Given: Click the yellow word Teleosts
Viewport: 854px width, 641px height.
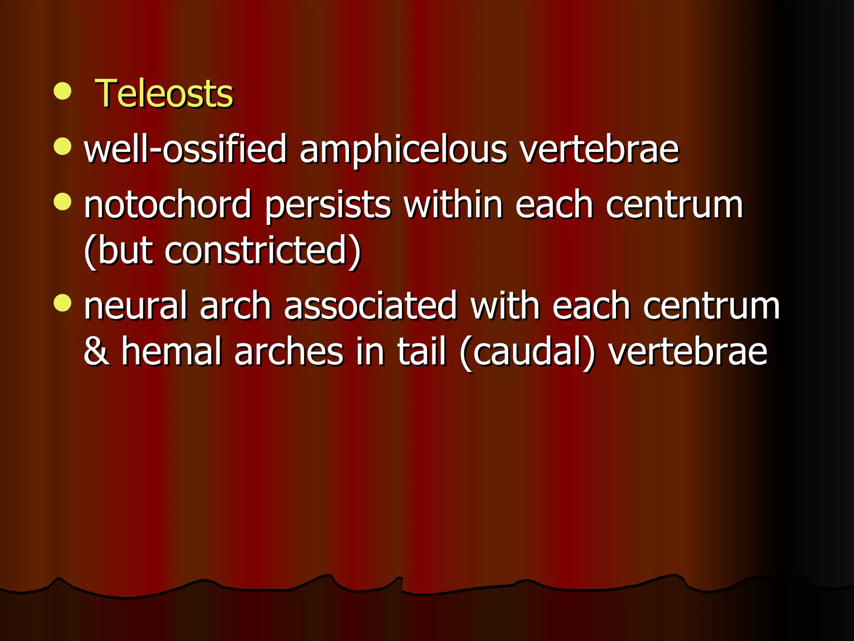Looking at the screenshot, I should (164, 93).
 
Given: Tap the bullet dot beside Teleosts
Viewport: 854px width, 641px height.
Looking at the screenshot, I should (63, 91).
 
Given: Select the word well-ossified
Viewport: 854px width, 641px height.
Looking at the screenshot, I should (185, 149).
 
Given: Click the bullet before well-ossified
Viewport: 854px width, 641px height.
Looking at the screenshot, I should (63, 146).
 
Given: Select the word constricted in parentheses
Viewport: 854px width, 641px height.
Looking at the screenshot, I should (256, 250).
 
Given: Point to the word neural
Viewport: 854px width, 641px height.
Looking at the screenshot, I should (135, 306).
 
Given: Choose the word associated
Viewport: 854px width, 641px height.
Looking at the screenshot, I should (370, 306).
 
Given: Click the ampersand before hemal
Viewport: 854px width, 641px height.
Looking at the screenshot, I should (97, 351).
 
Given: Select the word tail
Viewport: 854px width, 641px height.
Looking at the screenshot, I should (421, 351).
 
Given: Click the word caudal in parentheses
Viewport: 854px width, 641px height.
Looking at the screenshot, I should (527, 352).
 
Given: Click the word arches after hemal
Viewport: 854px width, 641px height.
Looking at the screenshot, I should (289, 351).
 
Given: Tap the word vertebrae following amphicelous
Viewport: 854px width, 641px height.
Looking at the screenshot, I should (599, 149).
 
